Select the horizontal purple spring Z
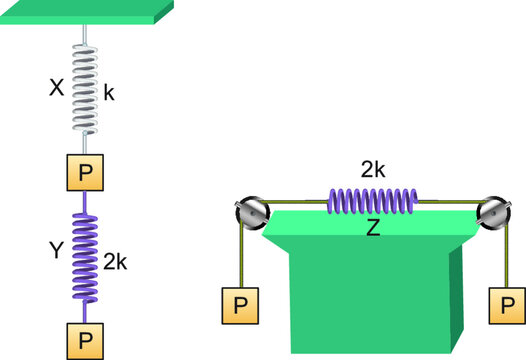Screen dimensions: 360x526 coord(373,201)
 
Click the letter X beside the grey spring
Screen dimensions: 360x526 coord(56,88)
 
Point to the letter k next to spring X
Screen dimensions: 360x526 coord(109,94)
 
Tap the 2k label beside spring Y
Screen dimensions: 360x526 coord(114,262)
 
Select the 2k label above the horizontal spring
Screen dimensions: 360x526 coord(373,171)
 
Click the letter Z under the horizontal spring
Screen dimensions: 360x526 coord(373,229)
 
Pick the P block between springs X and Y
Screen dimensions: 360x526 coord(85,172)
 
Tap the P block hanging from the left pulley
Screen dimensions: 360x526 coord(236,303)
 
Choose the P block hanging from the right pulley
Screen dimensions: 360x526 coord(507,303)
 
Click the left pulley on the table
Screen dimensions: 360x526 coord(251,212)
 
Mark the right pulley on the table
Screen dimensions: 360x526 coord(493,212)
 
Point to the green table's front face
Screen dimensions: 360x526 coord(370,300)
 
